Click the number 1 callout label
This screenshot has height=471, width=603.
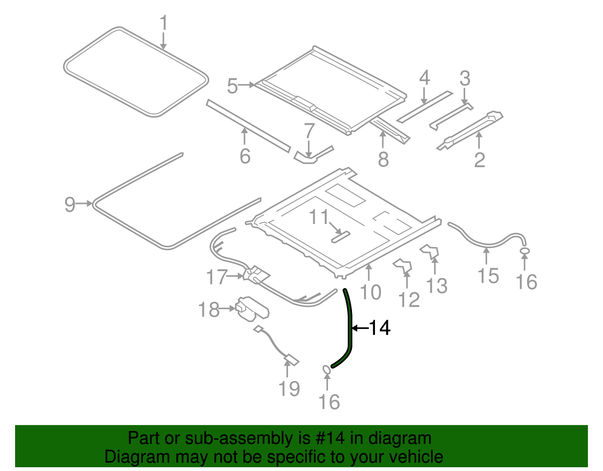click(163, 23)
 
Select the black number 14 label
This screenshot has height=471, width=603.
click(380, 328)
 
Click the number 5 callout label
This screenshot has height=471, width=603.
click(232, 86)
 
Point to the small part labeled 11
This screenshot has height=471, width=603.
click(340, 237)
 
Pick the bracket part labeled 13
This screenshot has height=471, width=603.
click(430, 252)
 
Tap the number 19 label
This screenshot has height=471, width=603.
click(289, 389)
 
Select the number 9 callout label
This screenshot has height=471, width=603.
click(70, 204)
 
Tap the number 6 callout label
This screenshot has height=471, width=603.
click(245, 156)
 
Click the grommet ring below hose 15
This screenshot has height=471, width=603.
click(524, 251)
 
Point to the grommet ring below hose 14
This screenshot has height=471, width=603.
click(327, 370)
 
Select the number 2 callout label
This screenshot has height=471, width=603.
click(479, 160)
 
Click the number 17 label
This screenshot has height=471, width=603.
click(217, 277)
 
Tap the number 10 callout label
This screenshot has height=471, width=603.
click(370, 292)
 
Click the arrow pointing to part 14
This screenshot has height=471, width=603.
click(360, 328)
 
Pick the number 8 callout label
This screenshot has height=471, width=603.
click(383, 159)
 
